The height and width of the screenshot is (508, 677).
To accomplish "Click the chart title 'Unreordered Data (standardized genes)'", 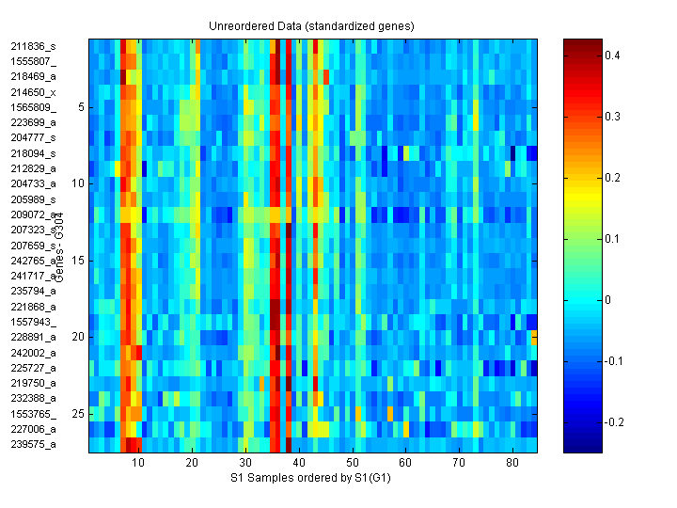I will (x=311, y=25).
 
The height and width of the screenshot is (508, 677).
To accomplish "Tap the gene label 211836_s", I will (x=33, y=46).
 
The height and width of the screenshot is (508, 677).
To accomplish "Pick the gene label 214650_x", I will (x=33, y=92).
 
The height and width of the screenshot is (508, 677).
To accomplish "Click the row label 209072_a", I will (x=33, y=214).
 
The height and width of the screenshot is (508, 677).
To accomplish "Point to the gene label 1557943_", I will (x=33, y=322).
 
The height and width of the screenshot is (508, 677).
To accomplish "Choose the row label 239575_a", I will (x=33, y=444).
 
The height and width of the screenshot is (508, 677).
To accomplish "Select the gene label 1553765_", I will (x=33, y=414).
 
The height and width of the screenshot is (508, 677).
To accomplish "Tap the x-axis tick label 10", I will (x=138, y=463).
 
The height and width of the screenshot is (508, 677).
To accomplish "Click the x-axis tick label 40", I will (x=299, y=463).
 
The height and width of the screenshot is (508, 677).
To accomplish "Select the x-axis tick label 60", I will (x=405, y=463).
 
